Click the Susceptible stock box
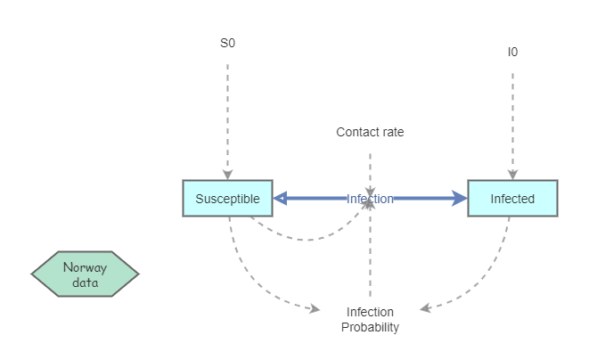tap(227, 199)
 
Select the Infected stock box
tap(512, 199)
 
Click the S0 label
tap(228, 43)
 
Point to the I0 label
tap(512, 52)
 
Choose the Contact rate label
tap(370, 132)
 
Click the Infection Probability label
tap(370, 319)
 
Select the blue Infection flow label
tap(370, 199)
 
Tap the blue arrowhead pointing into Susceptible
tap(280, 199)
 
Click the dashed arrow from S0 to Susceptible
tap(228, 116)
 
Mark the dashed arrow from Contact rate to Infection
tap(370, 169)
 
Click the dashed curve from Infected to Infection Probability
tap(486, 281)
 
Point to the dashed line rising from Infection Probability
tap(370, 258)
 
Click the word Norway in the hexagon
tap(86, 267)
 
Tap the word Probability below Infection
tap(370, 327)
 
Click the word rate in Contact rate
tap(391, 132)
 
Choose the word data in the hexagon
tap(86, 283)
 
